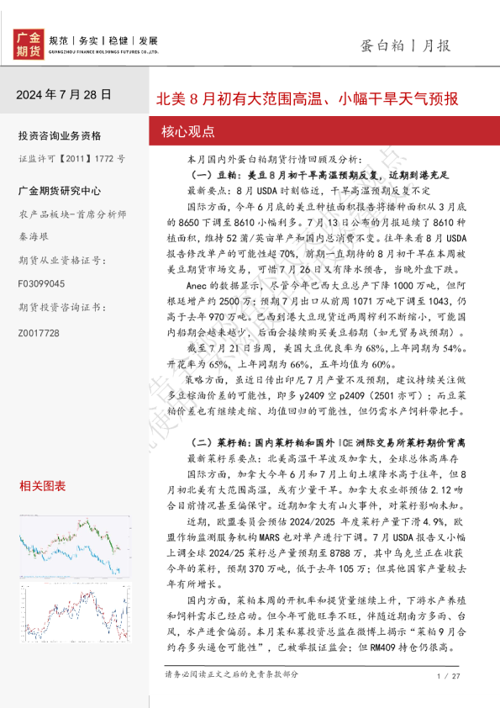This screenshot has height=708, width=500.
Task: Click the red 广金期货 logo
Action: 29,43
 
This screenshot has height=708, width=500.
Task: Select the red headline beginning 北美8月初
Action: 308,99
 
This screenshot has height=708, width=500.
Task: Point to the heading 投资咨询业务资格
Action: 59,136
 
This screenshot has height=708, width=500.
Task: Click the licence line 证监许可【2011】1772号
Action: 71,158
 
